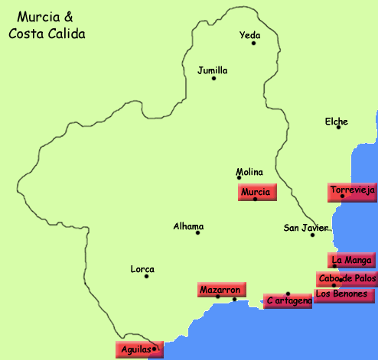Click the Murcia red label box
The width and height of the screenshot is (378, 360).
pos(256,193)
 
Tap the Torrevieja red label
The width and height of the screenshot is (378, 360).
pos(350,190)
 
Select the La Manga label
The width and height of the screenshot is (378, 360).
pos(351,260)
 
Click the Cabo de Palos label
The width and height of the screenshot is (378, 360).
pos(346,278)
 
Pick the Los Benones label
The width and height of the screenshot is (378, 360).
pos(345,294)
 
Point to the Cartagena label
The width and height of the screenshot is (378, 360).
pos(288,301)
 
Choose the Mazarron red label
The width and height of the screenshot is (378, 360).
pos(220,290)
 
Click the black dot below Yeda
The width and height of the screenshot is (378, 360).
pos(253,44)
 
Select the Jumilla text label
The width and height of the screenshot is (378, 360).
pos(212,70)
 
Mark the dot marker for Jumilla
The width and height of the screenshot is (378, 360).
pos(214,79)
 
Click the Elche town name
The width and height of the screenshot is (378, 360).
pos(336,122)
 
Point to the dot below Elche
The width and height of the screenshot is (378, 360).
pos(339,127)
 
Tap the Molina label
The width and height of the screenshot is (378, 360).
pos(249,172)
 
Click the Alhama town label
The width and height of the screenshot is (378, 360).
pos(188,226)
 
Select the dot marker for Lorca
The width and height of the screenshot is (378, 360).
pos(146,276)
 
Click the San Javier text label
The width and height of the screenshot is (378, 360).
pos(305,228)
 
